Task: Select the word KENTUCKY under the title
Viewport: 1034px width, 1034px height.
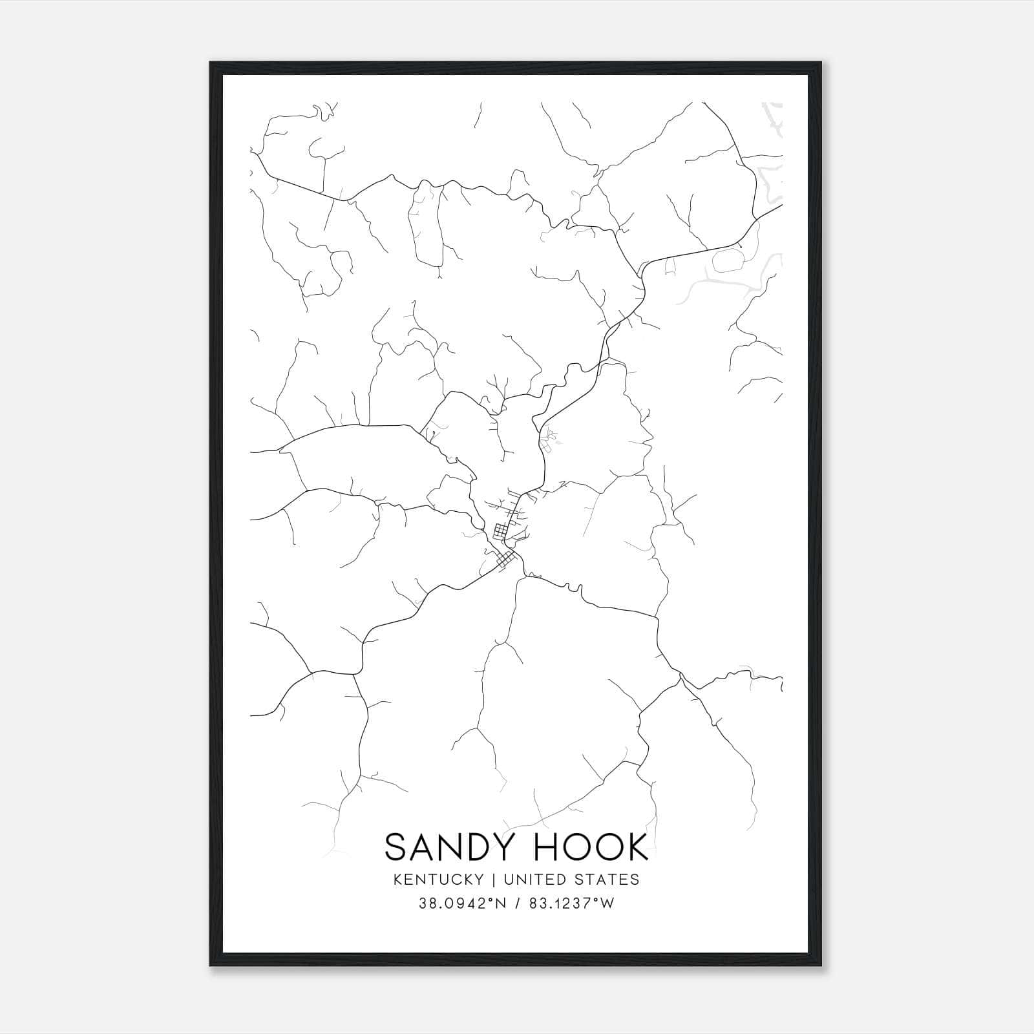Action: coord(436,879)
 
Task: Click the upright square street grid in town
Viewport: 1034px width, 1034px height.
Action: coord(501,532)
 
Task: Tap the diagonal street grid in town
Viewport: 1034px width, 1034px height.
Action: coord(506,559)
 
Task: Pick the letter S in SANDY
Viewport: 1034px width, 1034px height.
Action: coord(396,847)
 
